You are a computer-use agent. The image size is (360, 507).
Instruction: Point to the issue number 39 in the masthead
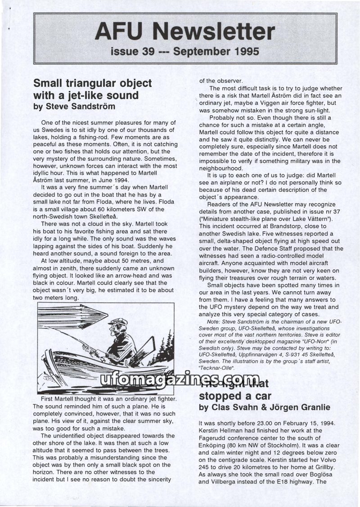(x=144, y=52)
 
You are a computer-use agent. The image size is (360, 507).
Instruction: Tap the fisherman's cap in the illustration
(x=118, y=322)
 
